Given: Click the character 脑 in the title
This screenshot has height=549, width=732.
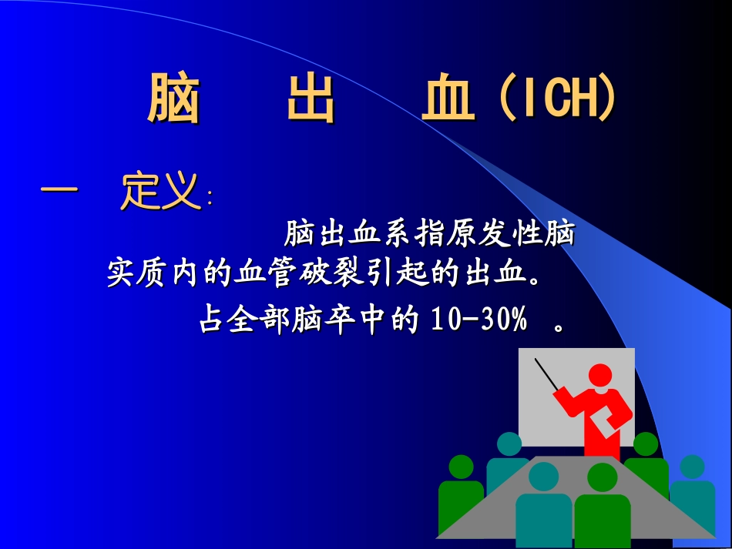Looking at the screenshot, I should click(x=173, y=99).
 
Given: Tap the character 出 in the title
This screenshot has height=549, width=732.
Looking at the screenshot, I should click(x=311, y=99).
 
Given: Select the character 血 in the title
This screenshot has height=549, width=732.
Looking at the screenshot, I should click(x=448, y=99).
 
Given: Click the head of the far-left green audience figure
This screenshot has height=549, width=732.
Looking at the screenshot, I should click(x=461, y=467).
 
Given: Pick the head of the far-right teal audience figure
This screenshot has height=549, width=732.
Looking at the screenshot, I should click(x=692, y=467).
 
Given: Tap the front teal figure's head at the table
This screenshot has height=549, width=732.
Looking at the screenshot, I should click(x=544, y=477).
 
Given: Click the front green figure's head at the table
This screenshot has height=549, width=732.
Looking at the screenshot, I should click(x=602, y=477).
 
